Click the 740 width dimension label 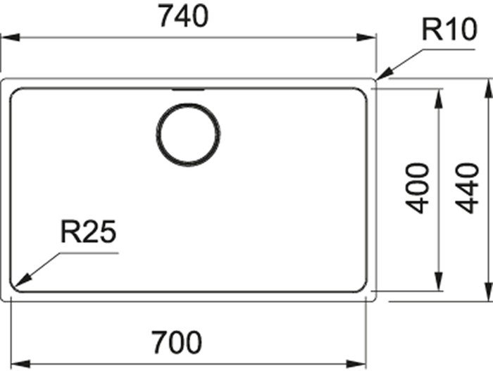click(184, 15)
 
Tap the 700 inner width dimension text click(177, 342)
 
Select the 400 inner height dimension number click(417, 188)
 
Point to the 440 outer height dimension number click(467, 188)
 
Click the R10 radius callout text click(449, 30)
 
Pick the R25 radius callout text click(88, 232)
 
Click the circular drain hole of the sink click(188, 134)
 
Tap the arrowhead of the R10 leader click(384, 74)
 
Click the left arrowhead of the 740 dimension click(11, 37)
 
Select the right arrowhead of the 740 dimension click(366, 37)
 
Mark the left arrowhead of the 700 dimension click(20, 364)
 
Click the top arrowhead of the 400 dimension click(438, 99)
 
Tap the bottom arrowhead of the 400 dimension click(438, 282)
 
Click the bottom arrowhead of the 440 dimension click(488, 291)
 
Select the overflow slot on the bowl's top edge click(188, 90)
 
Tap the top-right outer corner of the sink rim click(375, 80)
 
